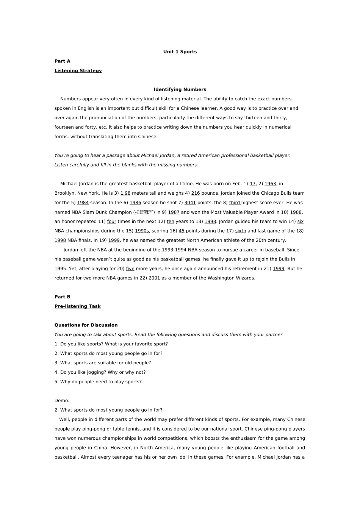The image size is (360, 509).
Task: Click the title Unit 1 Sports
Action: tap(180, 52)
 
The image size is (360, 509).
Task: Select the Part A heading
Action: tap(62, 61)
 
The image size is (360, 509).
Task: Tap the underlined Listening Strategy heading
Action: tap(78, 71)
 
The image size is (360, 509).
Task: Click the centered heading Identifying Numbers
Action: tap(180, 90)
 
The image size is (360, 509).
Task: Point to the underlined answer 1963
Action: tap(270, 184)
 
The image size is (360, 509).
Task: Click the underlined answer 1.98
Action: tap(125, 194)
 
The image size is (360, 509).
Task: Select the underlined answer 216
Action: tap(196, 194)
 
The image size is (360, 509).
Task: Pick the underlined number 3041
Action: tap(190, 203)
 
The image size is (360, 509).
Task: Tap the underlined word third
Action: tap(235, 203)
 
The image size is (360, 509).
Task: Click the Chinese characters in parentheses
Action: tap(144, 212)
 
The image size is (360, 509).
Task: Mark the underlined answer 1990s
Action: tap(142, 231)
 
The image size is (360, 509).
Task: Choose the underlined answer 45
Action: tap(182, 231)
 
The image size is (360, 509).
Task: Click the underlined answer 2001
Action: tap(154, 278)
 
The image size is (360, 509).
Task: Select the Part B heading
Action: tap(62, 297)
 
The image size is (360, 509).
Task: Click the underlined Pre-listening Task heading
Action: tap(78, 306)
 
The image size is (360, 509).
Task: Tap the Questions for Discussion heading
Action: tap(86, 325)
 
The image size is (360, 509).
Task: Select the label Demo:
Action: tap(62, 401)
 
